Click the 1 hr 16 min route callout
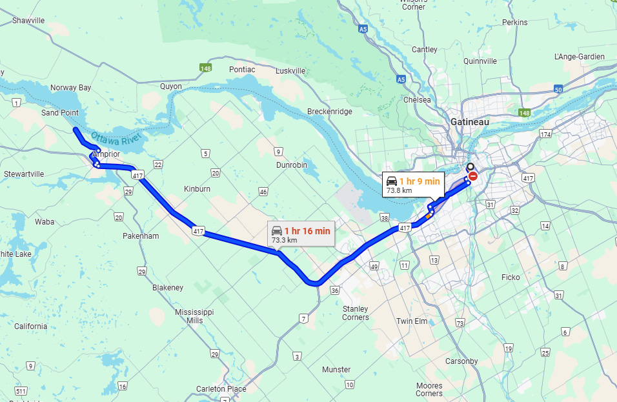pos(301,235)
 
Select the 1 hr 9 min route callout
pos(412,186)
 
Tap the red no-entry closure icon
pos(472,176)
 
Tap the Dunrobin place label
pos(292,165)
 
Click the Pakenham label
pos(141,236)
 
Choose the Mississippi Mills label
pos(194,316)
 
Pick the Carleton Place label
pos(221,389)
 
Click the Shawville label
pos(29,21)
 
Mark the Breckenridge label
pos(330,112)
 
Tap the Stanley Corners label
pos(356,313)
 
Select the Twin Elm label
pos(412,321)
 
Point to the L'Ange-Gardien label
pos(580,57)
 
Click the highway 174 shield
pos(546,134)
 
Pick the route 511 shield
pos(21,391)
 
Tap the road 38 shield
pos(386,217)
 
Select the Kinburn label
pos(197,189)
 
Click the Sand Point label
pos(60,113)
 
